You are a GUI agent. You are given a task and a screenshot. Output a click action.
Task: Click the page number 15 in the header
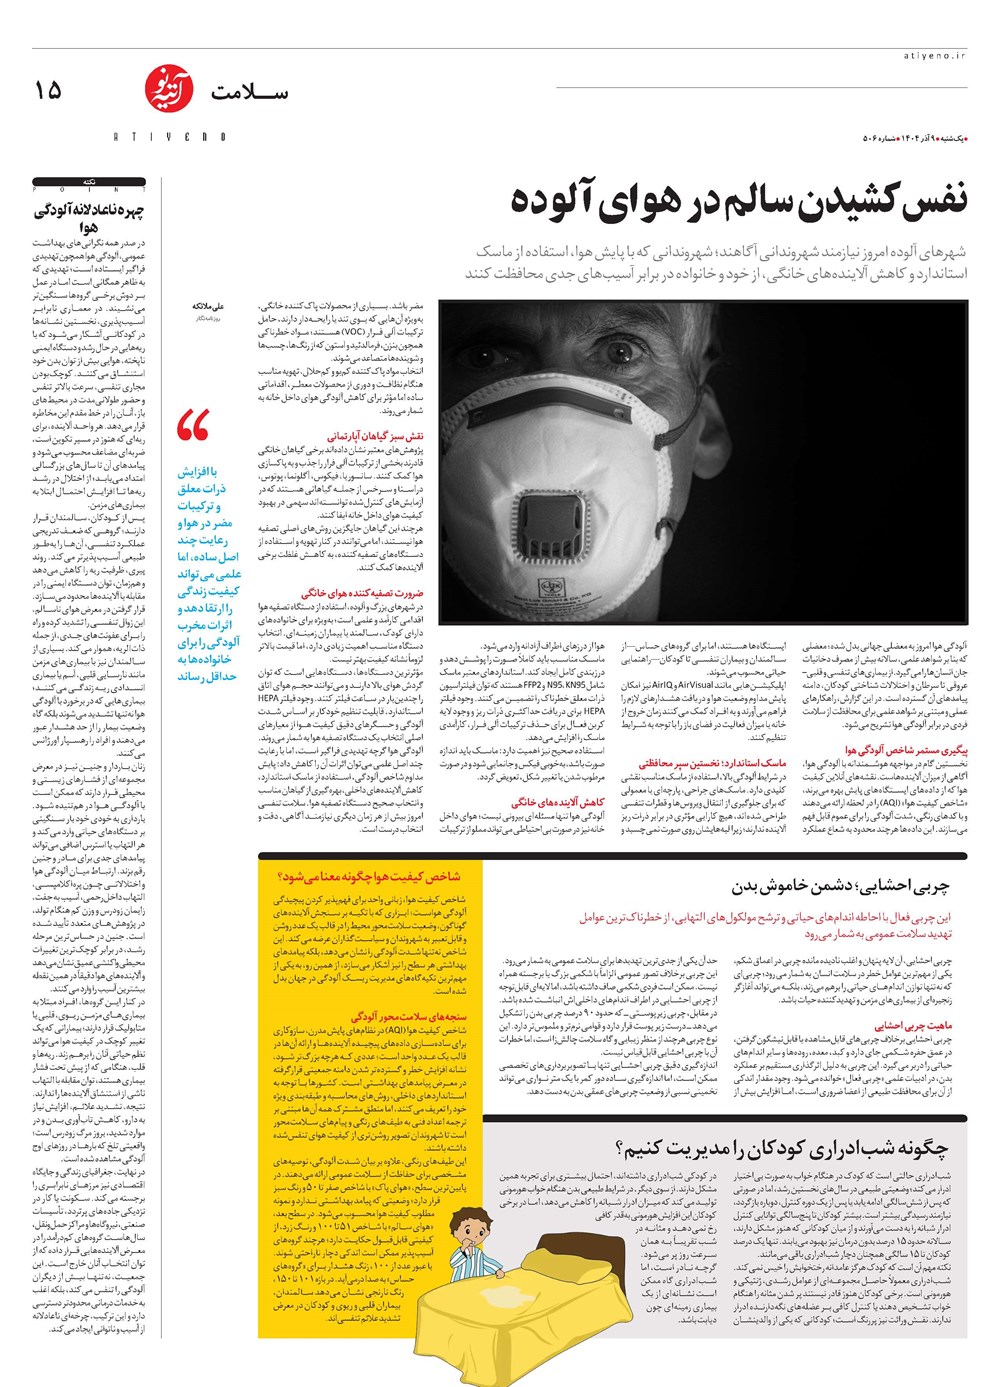pos(47,90)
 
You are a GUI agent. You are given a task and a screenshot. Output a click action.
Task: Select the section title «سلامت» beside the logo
pos(249,93)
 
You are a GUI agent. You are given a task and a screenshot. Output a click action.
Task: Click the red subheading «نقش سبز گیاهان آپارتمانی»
pos(374,436)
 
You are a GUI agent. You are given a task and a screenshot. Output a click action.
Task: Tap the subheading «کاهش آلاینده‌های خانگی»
pos(558,802)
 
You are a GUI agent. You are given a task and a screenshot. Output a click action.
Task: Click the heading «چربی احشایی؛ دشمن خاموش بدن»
pos(840,886)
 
